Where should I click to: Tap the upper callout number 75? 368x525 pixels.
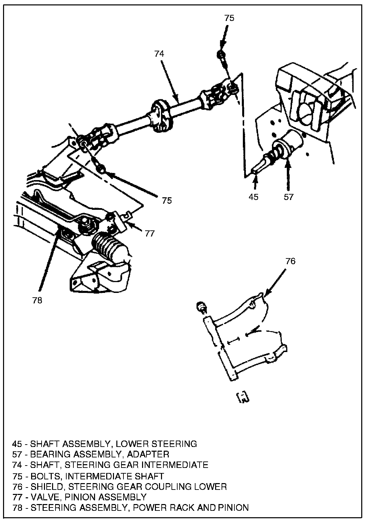229,18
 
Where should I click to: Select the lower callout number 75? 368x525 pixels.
167,200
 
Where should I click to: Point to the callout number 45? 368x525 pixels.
253,197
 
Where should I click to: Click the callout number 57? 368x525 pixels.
289,197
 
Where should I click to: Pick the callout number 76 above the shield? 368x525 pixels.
290,261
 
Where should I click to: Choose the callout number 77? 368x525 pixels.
150,233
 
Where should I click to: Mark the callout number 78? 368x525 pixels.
37,300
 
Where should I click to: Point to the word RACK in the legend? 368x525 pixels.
180,508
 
